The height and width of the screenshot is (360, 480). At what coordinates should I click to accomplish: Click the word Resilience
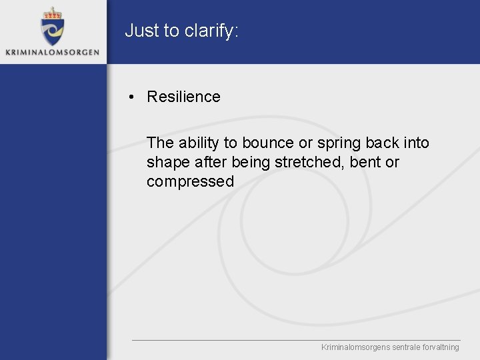click(x=183, y=97)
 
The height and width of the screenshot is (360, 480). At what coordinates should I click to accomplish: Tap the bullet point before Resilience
click(x=133, y=97)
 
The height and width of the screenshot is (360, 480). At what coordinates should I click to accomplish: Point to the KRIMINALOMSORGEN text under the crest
click(x=52, y=52)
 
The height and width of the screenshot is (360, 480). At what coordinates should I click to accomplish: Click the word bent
click(x=365, y=162)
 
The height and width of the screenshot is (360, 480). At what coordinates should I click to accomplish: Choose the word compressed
click(x=190, y=182)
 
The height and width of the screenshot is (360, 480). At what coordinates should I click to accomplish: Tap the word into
click(x=416, y=143)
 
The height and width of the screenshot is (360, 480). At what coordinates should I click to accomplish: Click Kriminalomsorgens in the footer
click(x=353, y=347)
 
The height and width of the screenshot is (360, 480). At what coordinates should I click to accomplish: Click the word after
click(x=211, y=162)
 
